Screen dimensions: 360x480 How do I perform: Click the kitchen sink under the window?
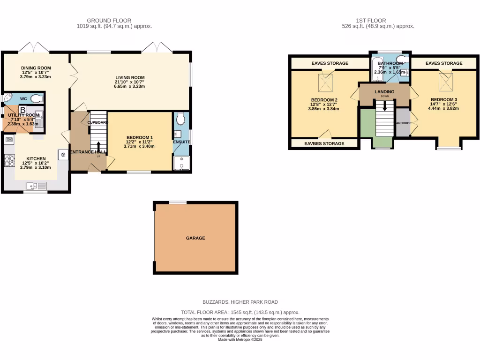[x=36, y=186]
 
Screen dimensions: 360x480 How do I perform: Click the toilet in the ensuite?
[x=180, y=120]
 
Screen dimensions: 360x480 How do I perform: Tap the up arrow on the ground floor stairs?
[x=98, y=144]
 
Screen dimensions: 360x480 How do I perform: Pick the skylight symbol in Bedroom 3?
[x=444, y=82]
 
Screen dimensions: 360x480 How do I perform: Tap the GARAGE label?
[x=195, y=238]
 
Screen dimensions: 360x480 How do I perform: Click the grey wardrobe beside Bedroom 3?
[x=403, y=122]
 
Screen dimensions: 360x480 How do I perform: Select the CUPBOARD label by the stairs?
[x=98, y=122]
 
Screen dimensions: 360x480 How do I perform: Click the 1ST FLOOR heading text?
[x=370, y=21]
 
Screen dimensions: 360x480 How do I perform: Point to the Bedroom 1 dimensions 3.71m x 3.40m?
[x=139, y=146]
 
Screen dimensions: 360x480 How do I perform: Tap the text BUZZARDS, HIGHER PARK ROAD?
[x=240, y=302]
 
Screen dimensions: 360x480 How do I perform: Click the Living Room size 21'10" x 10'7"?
[x=130, y=82]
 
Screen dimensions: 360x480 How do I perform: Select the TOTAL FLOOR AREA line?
[x=240, y=312]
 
